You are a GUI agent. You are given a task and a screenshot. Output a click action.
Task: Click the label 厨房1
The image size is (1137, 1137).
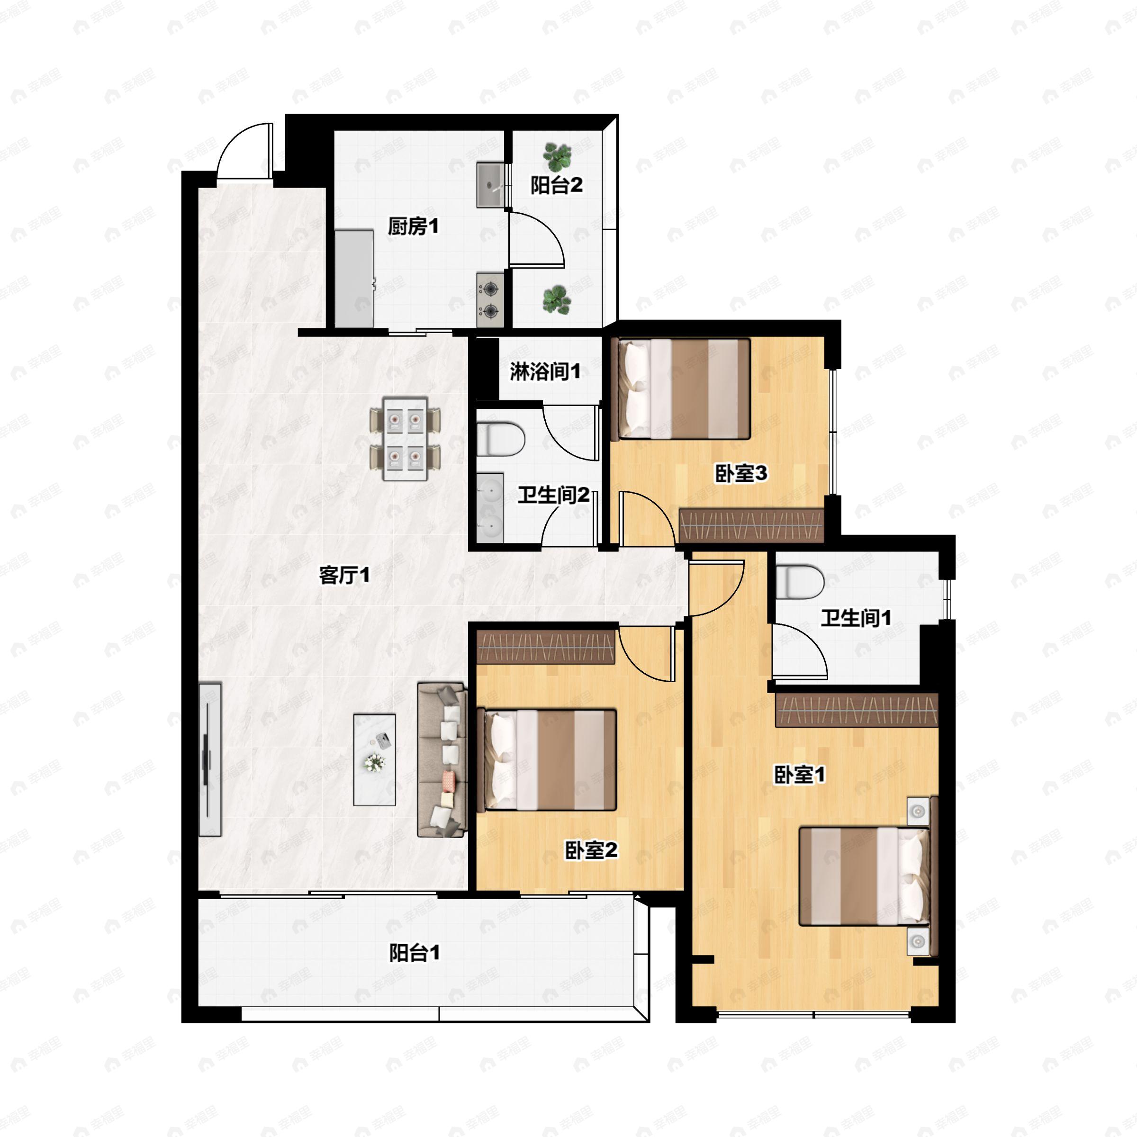pos(413,226)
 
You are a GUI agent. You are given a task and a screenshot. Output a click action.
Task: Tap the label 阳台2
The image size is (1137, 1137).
pos(556,185)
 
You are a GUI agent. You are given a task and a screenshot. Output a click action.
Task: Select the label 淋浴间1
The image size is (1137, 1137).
pos(545,371)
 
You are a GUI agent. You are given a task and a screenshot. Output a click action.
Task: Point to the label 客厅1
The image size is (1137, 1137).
pos(344,575)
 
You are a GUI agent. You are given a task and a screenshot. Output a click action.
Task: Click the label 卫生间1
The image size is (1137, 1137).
pos(856,618)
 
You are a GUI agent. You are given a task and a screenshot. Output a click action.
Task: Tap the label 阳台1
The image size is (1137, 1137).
pos(415,953)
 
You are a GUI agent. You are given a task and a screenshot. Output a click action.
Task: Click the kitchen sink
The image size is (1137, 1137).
pos(490,185)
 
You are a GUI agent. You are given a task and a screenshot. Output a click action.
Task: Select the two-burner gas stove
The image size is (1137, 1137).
pos(490,299)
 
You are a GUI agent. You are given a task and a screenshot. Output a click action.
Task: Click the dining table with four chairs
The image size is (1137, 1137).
pos(405,438)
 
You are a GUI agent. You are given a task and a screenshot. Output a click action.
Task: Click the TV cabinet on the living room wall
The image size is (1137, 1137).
pos(209,759)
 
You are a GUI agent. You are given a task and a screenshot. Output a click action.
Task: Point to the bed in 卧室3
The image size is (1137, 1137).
pos(683,389)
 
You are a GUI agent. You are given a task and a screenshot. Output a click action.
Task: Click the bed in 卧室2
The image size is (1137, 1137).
pos(550,760)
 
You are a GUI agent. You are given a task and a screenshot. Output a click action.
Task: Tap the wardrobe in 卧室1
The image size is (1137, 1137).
pos(856,710)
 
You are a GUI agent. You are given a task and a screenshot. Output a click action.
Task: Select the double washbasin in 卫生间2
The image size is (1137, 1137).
pos(490,507)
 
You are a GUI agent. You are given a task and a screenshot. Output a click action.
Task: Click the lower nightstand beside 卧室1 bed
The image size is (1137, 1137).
pos(917,942)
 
